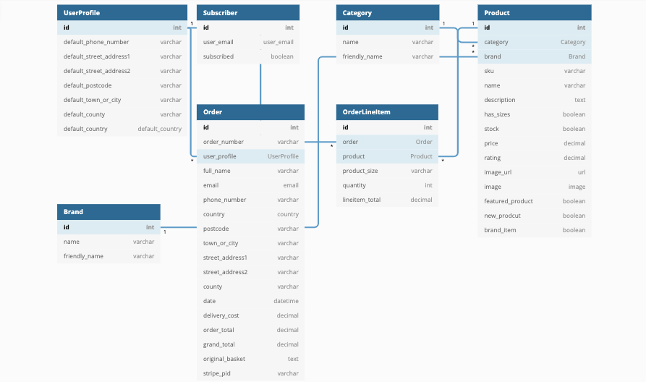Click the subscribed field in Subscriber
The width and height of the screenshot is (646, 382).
tap(218, 56)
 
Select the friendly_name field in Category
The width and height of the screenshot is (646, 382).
tap(362, 56)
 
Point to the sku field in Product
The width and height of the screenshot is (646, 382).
tap(490, 71)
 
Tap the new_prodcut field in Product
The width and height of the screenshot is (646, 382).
tap(503, 216)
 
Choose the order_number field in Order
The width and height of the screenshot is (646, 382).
tap(224, 142)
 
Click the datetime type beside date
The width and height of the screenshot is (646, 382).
tap(286, 301)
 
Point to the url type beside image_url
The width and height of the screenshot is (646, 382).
tap(581, 172)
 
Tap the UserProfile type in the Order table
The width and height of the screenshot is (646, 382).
tap(283, 156)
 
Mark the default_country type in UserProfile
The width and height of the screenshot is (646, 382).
tap(160, 129)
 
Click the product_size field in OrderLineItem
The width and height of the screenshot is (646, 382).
tap(360, 171)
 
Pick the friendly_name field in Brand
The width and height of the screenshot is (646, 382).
tap(83, 256)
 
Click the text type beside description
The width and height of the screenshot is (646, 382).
tap(579, 100)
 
